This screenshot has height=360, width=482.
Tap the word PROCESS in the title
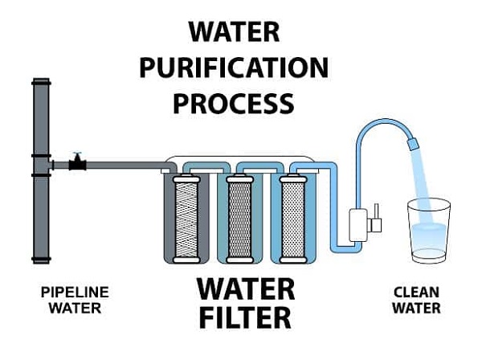[x=234, y=103]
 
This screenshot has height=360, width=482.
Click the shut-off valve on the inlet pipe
[x=76, y=163]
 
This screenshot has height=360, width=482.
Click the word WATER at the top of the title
[x=235, y=33]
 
